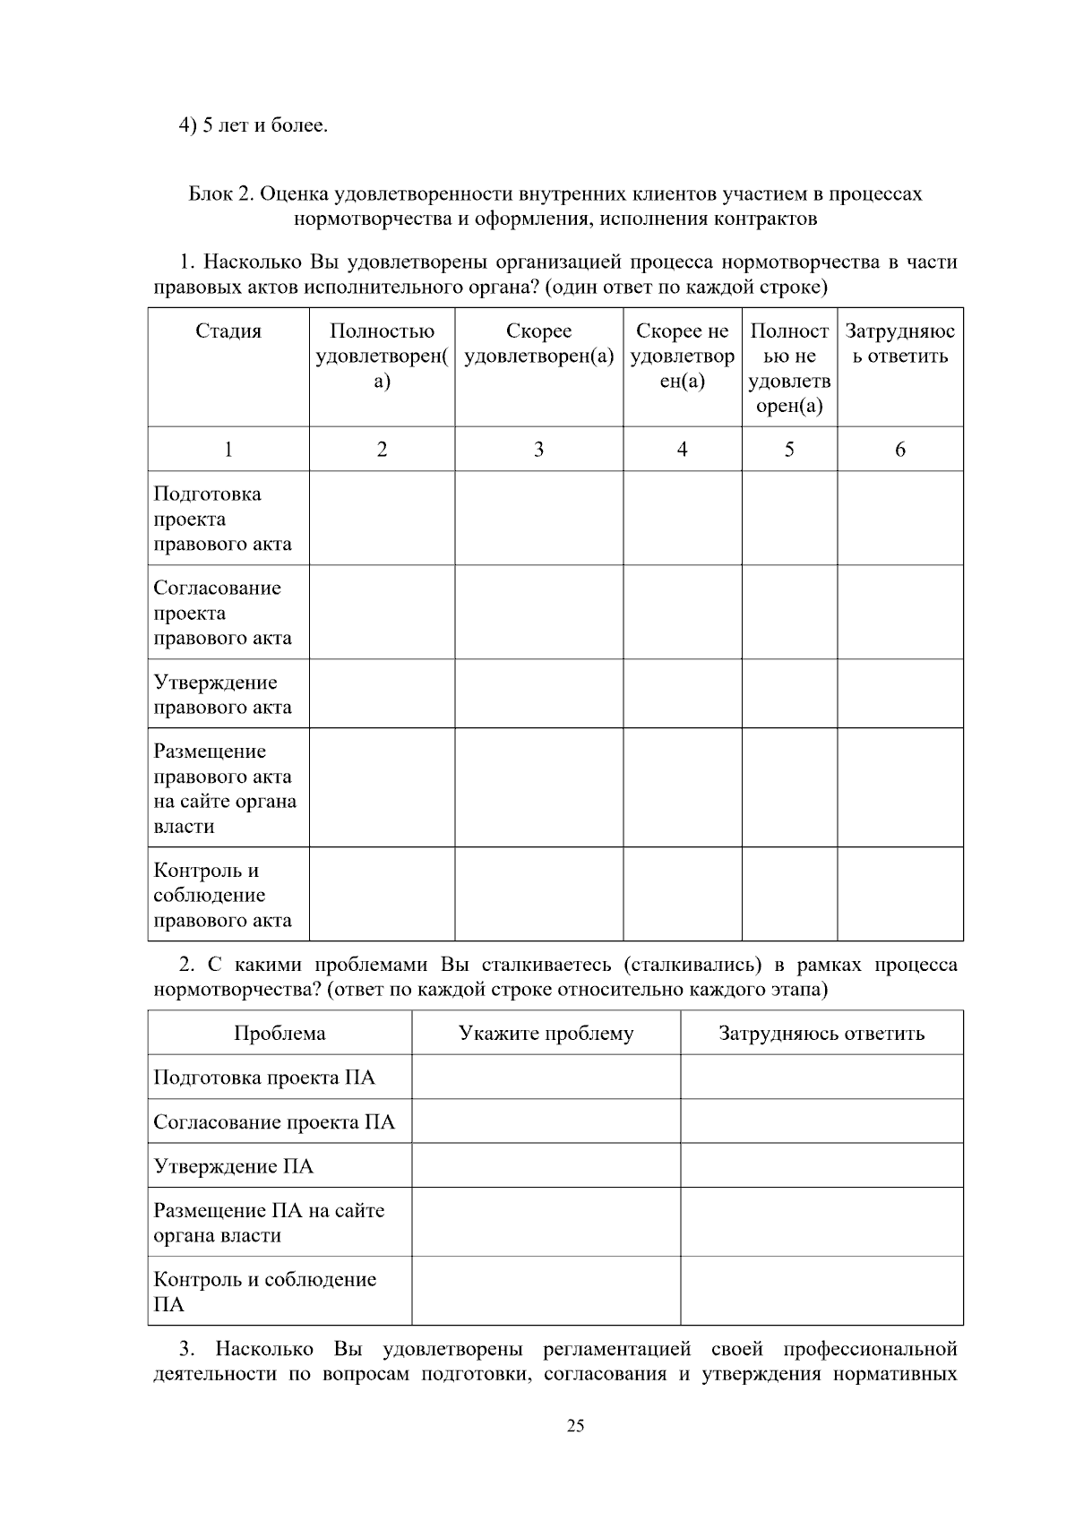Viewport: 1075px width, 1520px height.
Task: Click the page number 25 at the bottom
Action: click(575, 1426)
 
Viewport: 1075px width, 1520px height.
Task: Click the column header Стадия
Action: click(228, 331)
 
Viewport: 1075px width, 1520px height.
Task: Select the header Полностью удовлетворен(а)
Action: click(382, 356)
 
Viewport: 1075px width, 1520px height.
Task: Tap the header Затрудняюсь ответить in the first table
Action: click(899, 344)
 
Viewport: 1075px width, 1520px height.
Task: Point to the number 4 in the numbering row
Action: click(682, 450)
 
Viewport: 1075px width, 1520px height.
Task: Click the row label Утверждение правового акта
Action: click(222, 694)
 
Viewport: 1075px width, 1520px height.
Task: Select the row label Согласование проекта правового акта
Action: click(222, 613)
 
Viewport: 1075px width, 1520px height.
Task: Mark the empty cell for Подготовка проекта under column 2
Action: click(382, 519)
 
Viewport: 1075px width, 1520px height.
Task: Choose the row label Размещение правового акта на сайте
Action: click(224, 788)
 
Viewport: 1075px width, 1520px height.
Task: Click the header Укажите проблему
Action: click(546, 1034)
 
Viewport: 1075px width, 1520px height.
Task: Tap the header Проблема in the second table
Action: click(279, 1034)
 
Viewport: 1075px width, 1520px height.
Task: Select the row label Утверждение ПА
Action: click(234, 1166)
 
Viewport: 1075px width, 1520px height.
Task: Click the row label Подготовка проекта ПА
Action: click(264, 1078)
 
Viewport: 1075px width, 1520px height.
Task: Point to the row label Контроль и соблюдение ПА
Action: click(264, 1292)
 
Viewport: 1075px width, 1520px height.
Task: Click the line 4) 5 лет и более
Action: click(254, 125)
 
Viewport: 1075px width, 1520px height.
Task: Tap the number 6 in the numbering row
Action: click(899, 450)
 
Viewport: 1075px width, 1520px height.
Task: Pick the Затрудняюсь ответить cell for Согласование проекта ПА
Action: click(821, 1121)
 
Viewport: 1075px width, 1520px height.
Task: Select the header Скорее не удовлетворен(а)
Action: click(682, 356)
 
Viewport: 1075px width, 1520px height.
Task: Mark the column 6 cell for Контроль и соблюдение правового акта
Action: click(899, 894)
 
